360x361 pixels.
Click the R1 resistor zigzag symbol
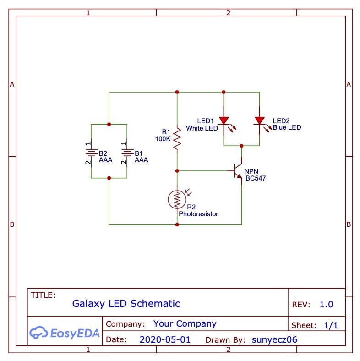coord(177,139)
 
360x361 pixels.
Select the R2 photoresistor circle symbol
coord(177,199)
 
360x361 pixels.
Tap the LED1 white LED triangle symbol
coord(224,120)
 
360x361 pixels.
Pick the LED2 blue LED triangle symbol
coord(260,120)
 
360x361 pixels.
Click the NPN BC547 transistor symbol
coord(237,171)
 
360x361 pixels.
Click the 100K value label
coord(163,138)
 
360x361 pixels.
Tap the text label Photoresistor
coord(198,214)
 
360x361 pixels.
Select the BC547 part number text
coord(255,178)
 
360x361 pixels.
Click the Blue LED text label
coord(287,127)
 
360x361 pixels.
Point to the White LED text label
coord(202,128)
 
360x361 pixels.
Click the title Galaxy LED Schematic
coord(126,303)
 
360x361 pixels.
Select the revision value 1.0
coord(326,305)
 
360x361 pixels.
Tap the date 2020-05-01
coord(165,340)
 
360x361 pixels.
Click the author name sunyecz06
coord(275,340)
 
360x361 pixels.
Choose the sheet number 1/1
coord(331,326)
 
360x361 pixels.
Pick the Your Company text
coord(185,324)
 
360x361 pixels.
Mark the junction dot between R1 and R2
coord(177,170)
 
